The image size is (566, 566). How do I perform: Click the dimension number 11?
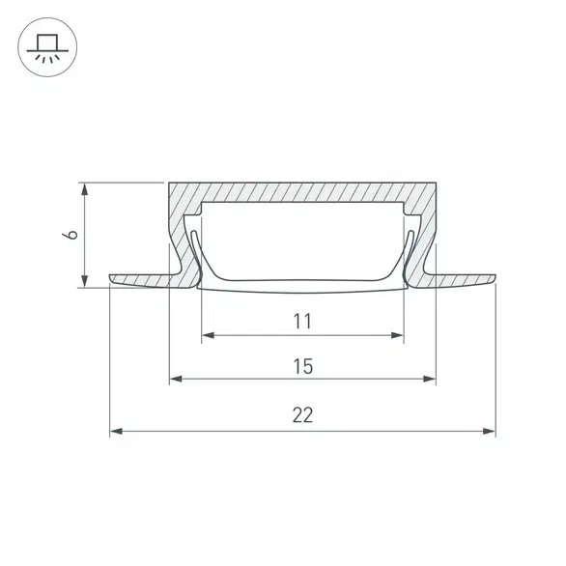point(302,322)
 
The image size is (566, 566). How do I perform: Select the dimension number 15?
point(303,366)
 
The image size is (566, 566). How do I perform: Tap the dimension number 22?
point(302,415)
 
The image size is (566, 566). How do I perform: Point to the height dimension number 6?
point(71,235)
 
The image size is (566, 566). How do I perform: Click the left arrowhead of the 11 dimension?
point(208,335)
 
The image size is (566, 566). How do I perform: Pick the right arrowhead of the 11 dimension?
point(397,335)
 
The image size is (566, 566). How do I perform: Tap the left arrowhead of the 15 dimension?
point(176,379)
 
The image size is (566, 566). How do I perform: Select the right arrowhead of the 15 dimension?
point(430,379)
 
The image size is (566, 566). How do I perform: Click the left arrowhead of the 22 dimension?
point(116,431)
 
